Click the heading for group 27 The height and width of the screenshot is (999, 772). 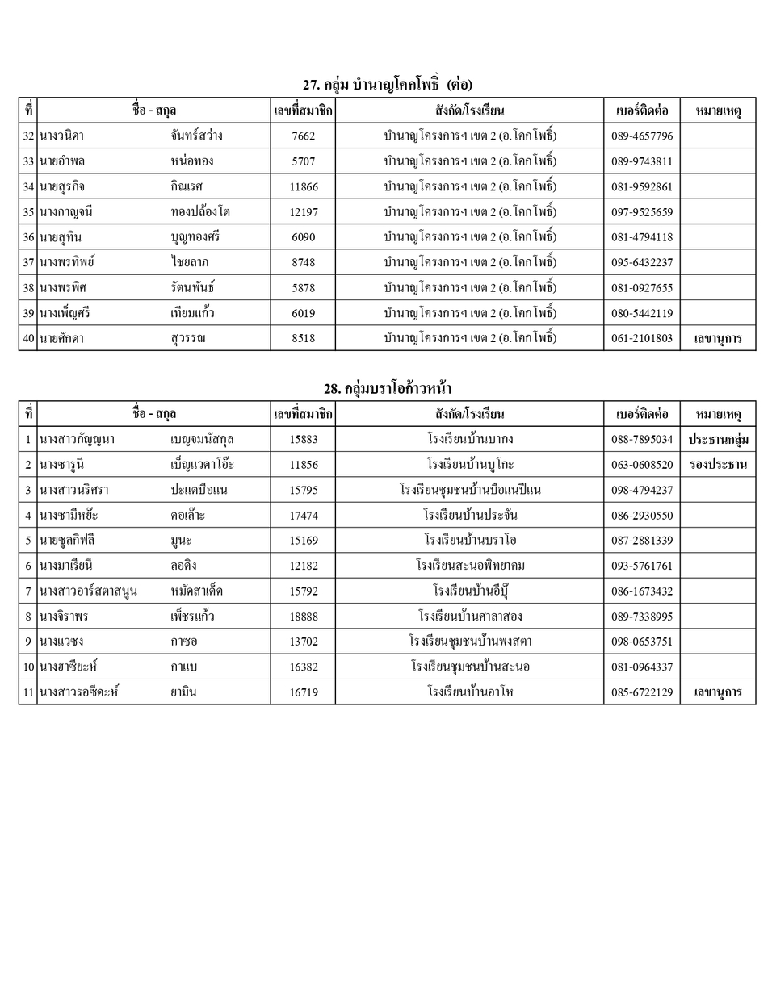(x=387, y=85)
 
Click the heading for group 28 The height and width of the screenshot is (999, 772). (x=387, y=389)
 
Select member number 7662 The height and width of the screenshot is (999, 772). (x=303, y=136)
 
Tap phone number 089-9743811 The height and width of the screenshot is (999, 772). (x=641, y=161)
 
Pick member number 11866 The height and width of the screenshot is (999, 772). (x=303, y=186)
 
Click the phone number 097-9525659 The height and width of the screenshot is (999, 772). (x=641, y=212)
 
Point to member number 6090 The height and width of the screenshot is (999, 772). (x=303, y=237)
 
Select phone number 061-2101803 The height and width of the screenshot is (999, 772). (x=641, y=338)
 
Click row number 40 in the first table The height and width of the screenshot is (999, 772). (x=28, y=338)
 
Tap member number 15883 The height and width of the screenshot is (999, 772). (x=303, y=440)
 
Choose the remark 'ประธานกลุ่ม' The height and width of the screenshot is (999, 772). (x=718, y=440)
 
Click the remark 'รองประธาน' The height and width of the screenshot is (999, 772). (x=718, y=465)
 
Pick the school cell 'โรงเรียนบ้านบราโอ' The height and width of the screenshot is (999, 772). (x=469, y=540)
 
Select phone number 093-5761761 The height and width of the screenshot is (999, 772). (x=641, y=566)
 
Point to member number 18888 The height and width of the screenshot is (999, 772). (x=303, y=617)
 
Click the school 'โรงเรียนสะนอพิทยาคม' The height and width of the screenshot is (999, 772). (x=469, y=566)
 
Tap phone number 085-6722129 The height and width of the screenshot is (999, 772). (x=641, y=692)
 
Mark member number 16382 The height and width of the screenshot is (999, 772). (x=303, y=667)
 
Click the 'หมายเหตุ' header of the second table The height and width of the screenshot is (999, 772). (x=718, y=414)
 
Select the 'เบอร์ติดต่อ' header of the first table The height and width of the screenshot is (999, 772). (x=641, y=111)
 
